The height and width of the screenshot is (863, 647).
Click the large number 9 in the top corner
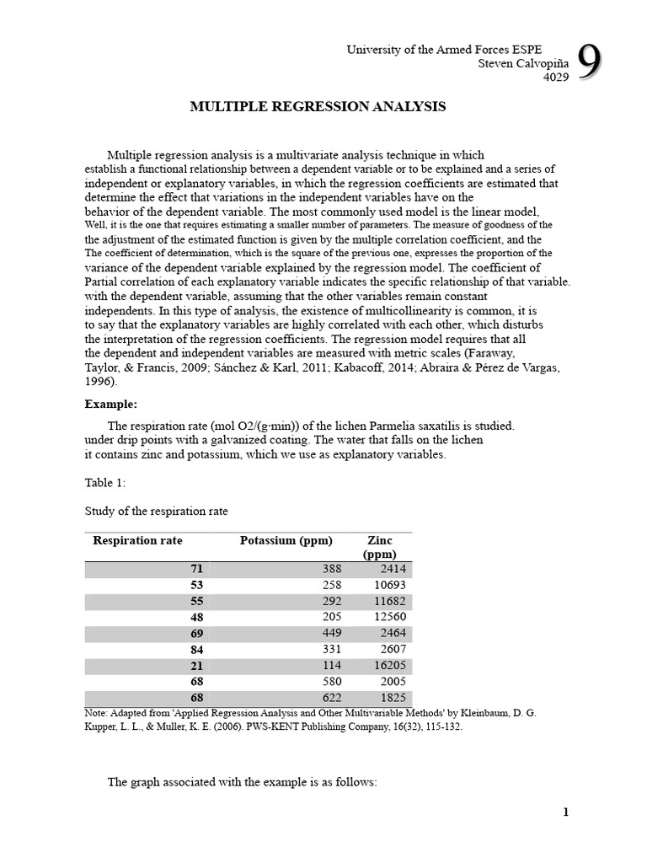point(591,64)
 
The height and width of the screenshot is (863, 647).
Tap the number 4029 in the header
point(553,77)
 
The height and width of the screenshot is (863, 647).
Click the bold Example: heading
point(111,404)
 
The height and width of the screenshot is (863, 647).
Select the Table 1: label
point(105,482)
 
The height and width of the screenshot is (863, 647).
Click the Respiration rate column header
point(137,540)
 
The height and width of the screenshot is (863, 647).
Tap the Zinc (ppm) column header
point(380,547)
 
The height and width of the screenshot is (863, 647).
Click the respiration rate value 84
point(198,649)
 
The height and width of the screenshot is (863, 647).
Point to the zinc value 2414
point(393,569)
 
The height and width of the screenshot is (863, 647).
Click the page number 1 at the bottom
point(566,812)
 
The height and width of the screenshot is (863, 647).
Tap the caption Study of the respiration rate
point(156,511)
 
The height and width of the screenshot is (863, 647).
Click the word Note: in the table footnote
point(98,713)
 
